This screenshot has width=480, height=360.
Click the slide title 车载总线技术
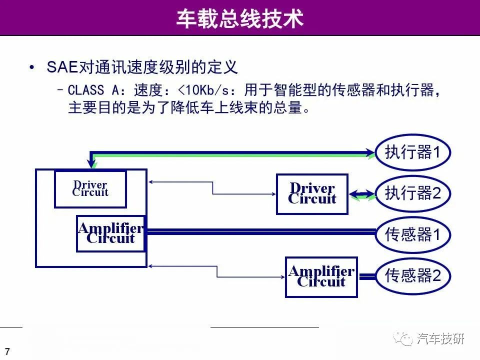tap(239, 18)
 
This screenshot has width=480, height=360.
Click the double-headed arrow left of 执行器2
tap(362, 194)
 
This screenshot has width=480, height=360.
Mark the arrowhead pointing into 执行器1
tap(370, 153)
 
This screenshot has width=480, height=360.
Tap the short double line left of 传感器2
tap(367, 276)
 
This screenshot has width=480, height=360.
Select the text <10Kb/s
tap(203, 90)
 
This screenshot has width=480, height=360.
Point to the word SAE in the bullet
tap(62, 67)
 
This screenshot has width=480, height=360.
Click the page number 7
tap(7, 351)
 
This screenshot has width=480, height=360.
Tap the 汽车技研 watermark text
tap(440, 338)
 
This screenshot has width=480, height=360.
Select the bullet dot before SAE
tap(31, 67)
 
